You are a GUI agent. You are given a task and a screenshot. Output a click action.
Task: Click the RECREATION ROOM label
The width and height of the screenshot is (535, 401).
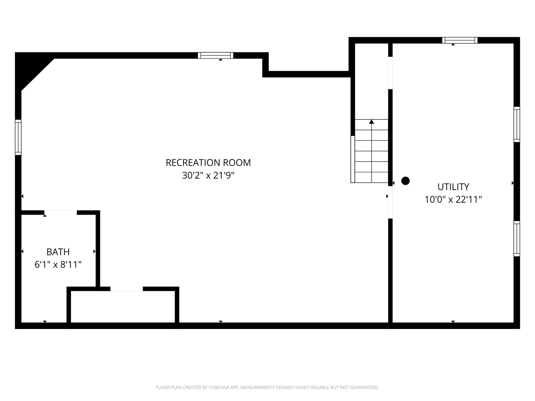208,163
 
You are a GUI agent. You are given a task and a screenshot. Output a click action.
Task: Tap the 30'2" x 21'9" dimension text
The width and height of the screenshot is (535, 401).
208,175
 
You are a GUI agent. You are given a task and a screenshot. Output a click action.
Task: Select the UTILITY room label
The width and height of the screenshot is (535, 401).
453,187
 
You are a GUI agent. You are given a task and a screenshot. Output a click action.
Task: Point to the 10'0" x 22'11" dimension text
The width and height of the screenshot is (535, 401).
453,199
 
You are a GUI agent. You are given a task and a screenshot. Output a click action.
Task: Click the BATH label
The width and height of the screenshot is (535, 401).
58,252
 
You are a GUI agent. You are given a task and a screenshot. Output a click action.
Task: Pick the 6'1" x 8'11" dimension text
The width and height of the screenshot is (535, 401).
58,265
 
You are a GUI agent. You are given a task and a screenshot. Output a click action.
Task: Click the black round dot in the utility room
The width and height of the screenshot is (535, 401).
405,181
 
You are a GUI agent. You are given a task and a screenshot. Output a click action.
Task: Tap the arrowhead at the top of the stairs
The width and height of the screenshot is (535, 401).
372,122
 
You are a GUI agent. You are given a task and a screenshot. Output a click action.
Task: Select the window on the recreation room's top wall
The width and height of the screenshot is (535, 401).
215,55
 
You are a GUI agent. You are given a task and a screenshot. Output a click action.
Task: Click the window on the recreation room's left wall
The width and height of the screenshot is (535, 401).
18,137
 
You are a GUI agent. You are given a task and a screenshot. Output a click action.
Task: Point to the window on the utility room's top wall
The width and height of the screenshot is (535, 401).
460,40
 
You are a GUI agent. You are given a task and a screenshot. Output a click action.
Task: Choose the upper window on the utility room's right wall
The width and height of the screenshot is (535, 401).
516,124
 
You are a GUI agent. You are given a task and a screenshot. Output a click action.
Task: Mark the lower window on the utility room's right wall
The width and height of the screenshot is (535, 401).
516,238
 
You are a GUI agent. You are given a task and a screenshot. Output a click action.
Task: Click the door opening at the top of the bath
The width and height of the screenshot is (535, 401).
61,212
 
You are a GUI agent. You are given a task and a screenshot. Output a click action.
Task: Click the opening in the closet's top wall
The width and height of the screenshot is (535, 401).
126,289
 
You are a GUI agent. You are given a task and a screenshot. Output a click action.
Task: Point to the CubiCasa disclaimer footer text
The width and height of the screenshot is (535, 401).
267,387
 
